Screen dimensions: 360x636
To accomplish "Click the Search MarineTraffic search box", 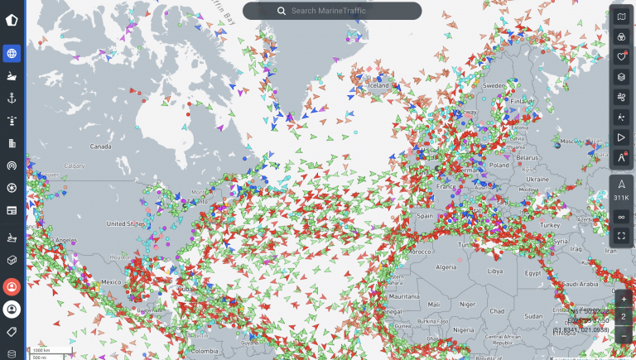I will coord(332,11).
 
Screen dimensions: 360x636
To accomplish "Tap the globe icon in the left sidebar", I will coord(12,54).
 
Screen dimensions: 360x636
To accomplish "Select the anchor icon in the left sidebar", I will coord(12,98).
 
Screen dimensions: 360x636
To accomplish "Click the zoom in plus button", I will coord(624,298).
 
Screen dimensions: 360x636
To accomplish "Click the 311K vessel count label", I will coord(621,199).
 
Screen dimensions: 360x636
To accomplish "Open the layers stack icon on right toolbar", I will coord(622,77).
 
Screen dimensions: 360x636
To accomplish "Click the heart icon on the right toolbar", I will coord(622,57).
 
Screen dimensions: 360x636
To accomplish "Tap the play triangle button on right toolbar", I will coord(622,137).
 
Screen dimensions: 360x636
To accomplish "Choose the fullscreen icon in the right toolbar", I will coord(622,235).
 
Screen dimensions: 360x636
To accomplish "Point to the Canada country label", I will coord(100,146).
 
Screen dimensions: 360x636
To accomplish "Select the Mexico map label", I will coord(111,281).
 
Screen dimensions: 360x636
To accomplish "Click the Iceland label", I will coord(378,85).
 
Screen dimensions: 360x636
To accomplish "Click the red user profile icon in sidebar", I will coord(12,287).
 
